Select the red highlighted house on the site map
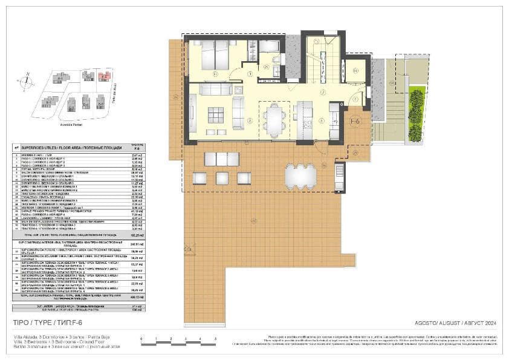[x=104, y=77]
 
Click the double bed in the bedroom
[x=211, y=56]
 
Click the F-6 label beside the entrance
[x=355, y=121]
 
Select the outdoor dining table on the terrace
[x=300, y=175]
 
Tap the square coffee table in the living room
[x=215, y=113]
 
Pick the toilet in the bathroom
[x=276, y=59]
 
